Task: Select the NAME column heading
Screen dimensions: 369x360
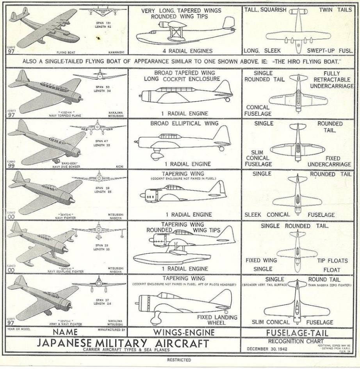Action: (65, 332)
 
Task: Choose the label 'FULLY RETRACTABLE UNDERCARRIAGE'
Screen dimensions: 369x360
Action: (332, 80)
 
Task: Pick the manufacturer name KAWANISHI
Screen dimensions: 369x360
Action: (114, 51)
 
